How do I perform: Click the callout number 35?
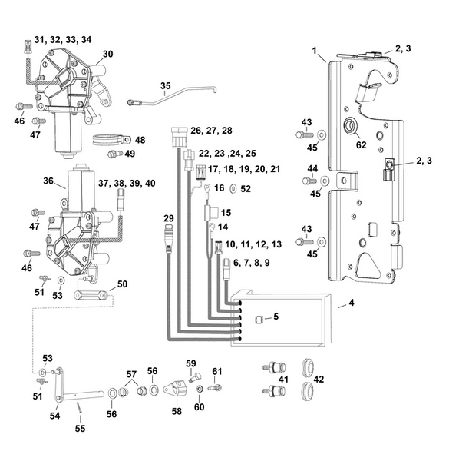[x=164, y=86]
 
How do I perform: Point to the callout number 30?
[x=107, y=54]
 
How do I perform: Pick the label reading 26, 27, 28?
[x=211, y=130]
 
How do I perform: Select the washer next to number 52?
[x=233, y=187]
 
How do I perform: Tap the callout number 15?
[x=226, y=212]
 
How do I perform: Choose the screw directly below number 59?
[x=195, y=376]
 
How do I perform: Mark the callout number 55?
[x=79, y=429]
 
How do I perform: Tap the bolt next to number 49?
[x=113, y=154]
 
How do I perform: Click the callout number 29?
[x=170, y=218]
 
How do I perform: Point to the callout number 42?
[x=317, y=379]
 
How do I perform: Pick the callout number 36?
[x=48, y=182]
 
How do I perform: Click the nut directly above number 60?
[x=200, y=390]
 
